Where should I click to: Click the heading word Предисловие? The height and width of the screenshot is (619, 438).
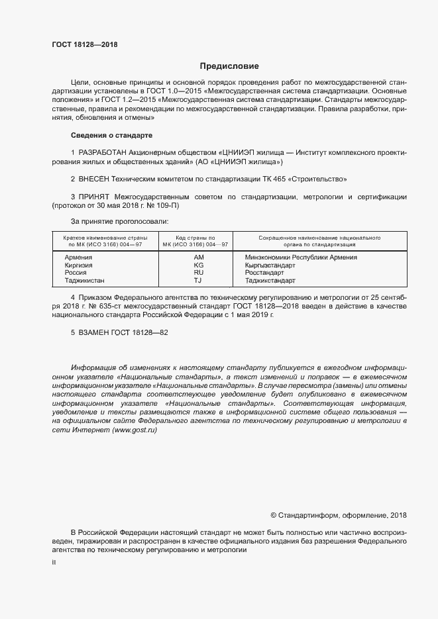point(229,66)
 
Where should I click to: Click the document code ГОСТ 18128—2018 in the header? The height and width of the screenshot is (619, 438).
point(85,45)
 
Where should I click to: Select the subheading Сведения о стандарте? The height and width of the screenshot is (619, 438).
point(111,135)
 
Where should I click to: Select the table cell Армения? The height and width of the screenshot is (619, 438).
point(78,257)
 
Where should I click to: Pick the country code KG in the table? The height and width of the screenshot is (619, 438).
point(198,265)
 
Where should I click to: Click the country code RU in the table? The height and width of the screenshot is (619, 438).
point(198,272)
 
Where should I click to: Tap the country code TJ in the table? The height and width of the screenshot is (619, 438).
point(198,280)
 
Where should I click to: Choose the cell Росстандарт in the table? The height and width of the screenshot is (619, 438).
point(264,272)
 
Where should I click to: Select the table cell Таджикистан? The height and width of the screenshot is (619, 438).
point(84,280)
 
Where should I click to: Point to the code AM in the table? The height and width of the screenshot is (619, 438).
point(199,257)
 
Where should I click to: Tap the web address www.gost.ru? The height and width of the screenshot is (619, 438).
point(135,430)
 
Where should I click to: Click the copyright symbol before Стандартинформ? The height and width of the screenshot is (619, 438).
point(274,515)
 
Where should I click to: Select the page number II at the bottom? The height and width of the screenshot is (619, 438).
point(54,562)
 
